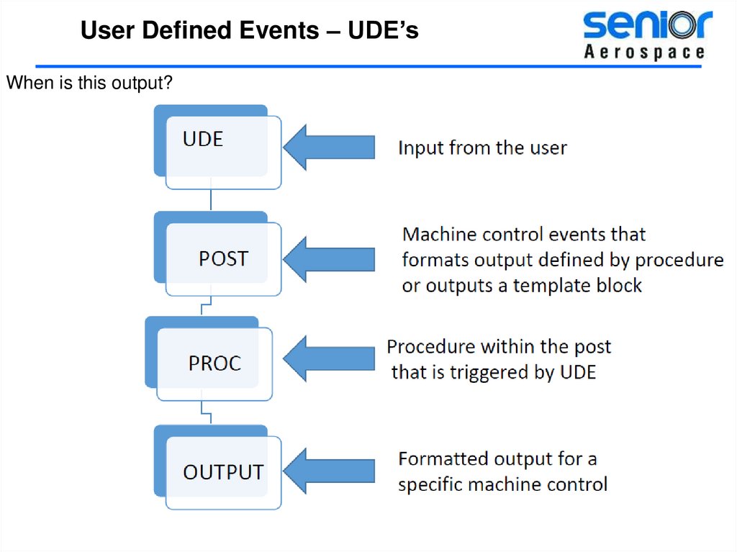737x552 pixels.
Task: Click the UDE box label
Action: coord(203,138)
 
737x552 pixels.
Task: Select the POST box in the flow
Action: coord(222,258)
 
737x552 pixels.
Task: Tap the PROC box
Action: coord(214,363)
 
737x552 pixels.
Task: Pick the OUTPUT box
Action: coord(223,472)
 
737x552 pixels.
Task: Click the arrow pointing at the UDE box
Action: coord(329,147)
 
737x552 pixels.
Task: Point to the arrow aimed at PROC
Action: coord(329,359)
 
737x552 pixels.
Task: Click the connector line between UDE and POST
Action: coord(210,200)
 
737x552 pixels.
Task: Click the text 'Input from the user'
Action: coord(482,148)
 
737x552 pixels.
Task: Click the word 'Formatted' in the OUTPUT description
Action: coord(441,458)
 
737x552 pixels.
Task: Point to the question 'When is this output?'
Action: coord(89,83)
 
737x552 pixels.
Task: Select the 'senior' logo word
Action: coord(646,26)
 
